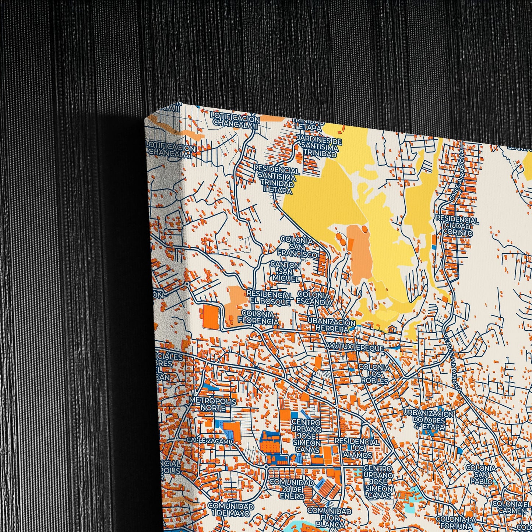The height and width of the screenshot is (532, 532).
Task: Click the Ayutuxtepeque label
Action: point(354,348)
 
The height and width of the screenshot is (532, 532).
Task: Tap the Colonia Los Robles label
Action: point(374,374)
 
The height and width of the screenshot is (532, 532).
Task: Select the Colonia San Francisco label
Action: point(297,247)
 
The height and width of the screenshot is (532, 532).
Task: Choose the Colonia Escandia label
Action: point(314,299)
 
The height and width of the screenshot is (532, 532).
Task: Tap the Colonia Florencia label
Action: point(258,318)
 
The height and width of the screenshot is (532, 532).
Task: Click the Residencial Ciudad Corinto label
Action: point(457,225)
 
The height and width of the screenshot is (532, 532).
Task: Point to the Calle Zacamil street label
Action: point(210,440)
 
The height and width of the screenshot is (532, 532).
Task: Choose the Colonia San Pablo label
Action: point(481,474)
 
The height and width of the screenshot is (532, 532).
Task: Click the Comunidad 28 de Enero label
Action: point(291,489)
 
